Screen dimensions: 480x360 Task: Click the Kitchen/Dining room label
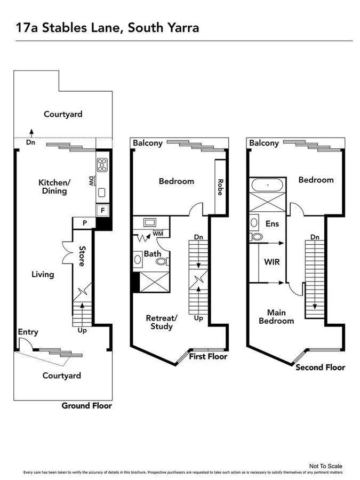coord(54,187)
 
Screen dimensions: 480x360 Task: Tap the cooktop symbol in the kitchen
coord(102,164)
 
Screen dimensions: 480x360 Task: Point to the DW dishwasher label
coord(91,181)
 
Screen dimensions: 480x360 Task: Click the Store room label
coord(82,255)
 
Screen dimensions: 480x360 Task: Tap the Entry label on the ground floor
coord(28,332)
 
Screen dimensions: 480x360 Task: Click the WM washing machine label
coord(158,234)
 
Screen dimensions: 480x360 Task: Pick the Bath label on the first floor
coord(153,253)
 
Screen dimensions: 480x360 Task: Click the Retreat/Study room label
coord(161,322)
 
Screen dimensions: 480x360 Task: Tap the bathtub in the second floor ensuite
coord(268,186)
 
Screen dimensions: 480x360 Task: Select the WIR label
coord(272,262)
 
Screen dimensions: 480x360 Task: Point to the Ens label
coord(272,224)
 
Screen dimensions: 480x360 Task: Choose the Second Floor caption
coord(320,367)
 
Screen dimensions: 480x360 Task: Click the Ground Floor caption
coord(86,406)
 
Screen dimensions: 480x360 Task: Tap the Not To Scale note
coord(325,466)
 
